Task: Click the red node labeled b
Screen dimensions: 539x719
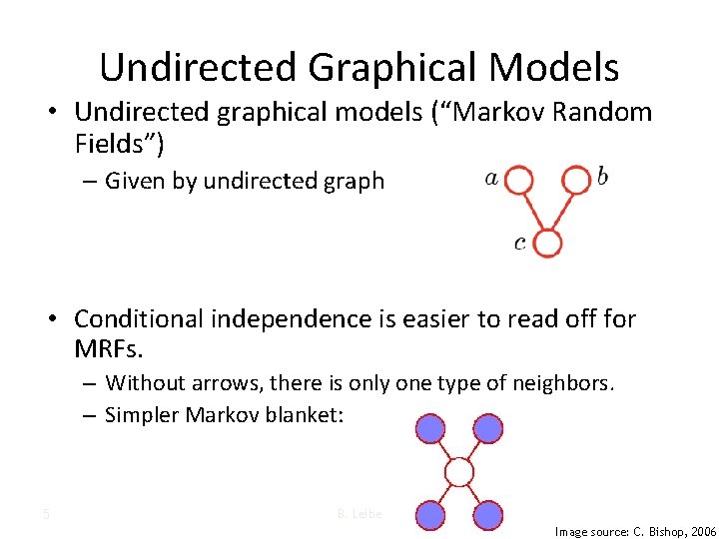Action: [x=576, y=180]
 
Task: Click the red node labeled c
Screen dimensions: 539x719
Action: [x=547, y=243]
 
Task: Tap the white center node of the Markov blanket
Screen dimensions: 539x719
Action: [x=458, y=471]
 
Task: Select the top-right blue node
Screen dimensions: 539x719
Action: [x=487, y=428]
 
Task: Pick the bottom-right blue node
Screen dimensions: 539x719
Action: [x=487, y=514]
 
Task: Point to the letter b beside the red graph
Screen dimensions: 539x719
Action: [x=602, y=178]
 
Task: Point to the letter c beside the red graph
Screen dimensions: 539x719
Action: [x=520, y=243]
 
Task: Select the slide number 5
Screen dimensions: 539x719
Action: [x=46, y=515]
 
